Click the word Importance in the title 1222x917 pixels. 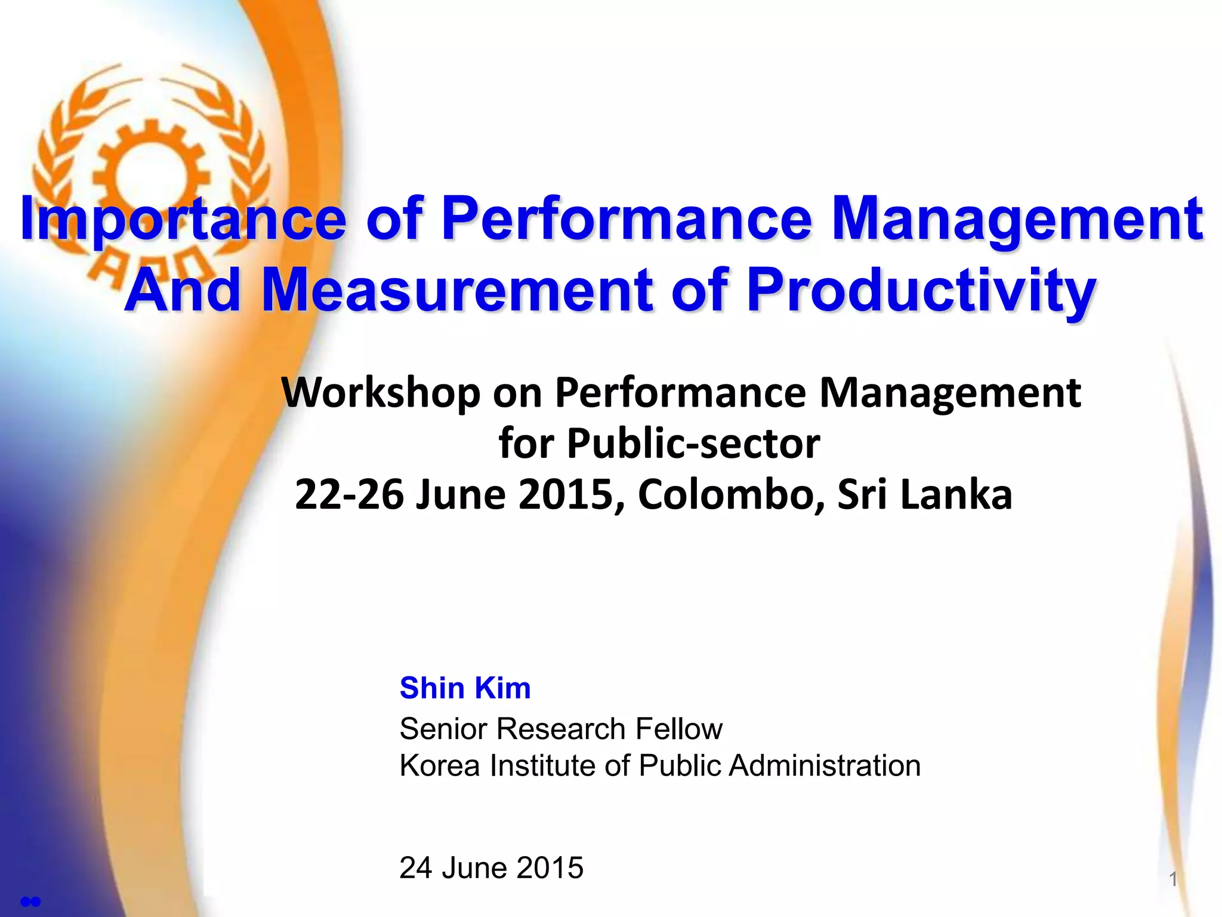(183, 220)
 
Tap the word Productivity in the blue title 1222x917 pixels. (921, 291)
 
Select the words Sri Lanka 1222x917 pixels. (924, 495)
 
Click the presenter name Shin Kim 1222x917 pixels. (465, 688)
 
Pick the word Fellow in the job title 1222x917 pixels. (678, 729)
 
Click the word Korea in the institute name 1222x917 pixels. (439, 766)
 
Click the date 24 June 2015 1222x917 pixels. (491, 867)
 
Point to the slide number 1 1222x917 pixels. (1172, 879)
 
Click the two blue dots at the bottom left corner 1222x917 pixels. (30, 901)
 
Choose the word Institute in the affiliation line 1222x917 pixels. (542, 766)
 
